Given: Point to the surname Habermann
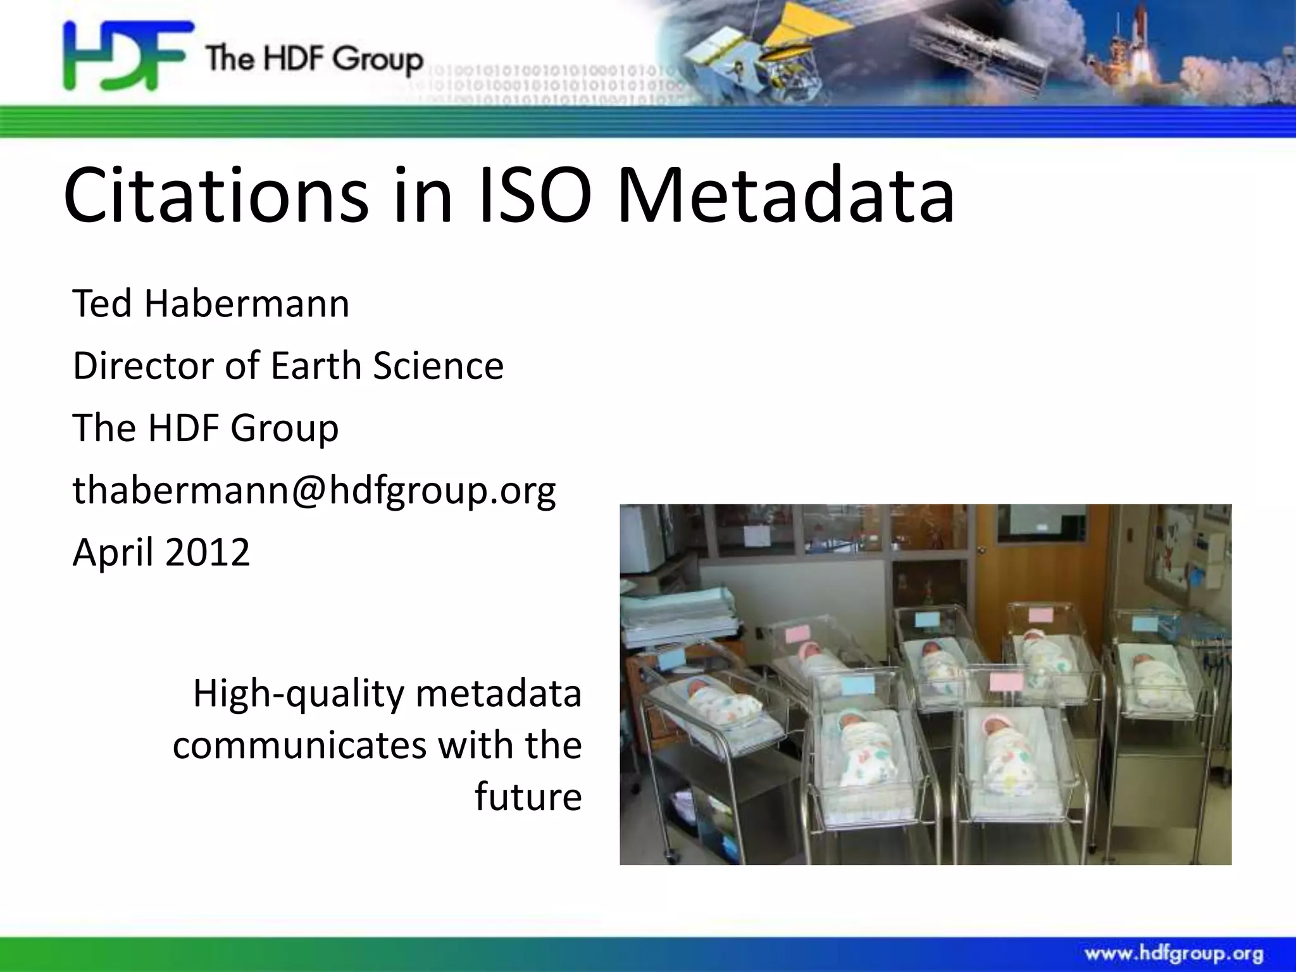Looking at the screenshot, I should (x=247, y=304).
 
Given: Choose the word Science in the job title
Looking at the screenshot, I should (x=438, y=366).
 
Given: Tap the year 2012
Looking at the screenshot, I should (x=208, y=552).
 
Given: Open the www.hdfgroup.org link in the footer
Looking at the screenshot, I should (x=1174, y=954).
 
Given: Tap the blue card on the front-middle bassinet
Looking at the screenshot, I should (x=856, y=685).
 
